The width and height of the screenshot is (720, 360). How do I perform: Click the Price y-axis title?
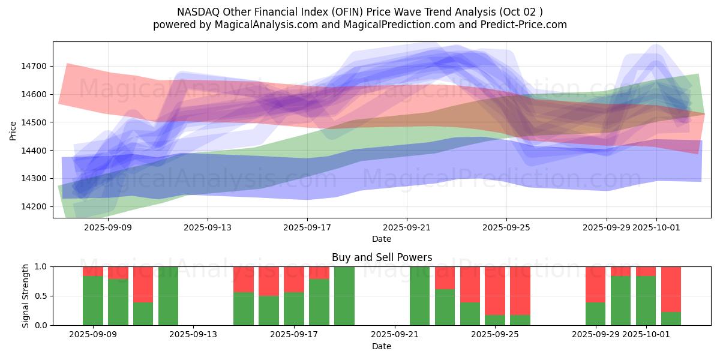13,130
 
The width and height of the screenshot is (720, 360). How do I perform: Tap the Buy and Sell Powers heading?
382,257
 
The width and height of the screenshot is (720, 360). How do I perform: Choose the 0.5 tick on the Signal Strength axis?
41,296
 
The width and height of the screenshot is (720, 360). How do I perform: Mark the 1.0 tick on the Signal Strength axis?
41,266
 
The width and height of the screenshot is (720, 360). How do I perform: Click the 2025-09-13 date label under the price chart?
208,227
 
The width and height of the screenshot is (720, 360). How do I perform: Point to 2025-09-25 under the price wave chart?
506,227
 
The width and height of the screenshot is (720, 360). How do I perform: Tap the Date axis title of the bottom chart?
382,346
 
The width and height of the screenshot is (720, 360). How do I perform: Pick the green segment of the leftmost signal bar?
93,301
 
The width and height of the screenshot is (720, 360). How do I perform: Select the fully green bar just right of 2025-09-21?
420,296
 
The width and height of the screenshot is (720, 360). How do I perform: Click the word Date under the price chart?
382,239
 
